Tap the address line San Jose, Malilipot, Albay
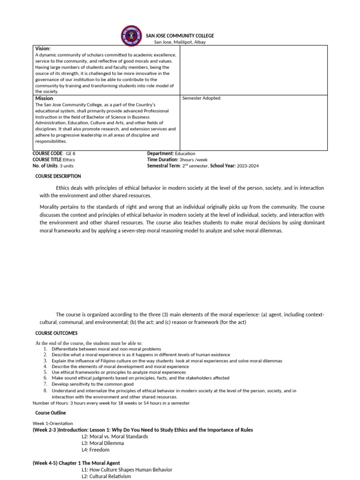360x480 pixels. tap(176, 42)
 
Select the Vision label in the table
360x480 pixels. tap(43, 49)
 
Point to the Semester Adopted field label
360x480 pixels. tap(202, 98)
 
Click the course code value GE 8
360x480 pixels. tap(70, 154)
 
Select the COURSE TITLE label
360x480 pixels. tap(47, 160)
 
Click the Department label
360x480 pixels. tap(160, 154)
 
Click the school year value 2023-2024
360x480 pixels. tap(247, 166)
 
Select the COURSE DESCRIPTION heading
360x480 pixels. tap(58, 176)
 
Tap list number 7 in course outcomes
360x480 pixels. tap(45, 384)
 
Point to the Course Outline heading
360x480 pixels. tap(51, 413)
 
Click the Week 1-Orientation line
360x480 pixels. tap(53, 424)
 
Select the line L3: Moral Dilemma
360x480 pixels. tap(103, 443)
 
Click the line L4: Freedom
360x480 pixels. tap(95, 450)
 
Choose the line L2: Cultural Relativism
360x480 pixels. tap(106, 476)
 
